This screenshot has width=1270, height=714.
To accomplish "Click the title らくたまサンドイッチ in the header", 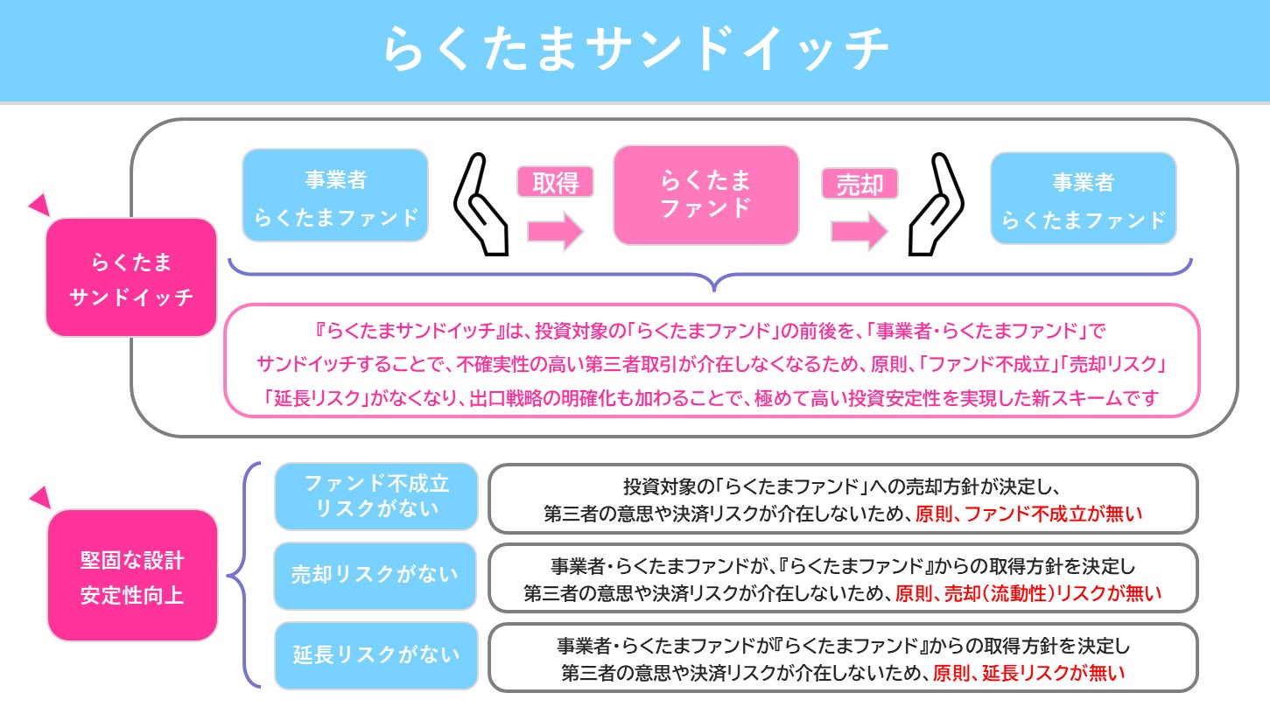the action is pos(635,51).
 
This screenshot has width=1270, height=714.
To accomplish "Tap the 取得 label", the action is pos(555,182).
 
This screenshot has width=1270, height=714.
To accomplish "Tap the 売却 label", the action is pos(860,183).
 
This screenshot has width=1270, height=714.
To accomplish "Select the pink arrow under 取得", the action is pos(555,231).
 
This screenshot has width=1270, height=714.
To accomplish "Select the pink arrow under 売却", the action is pos(860,231).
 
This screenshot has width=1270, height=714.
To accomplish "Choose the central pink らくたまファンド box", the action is pos(705,195).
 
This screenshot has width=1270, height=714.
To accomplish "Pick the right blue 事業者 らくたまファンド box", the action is pos(1083,199).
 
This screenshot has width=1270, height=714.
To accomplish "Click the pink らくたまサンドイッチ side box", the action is pos(131,277).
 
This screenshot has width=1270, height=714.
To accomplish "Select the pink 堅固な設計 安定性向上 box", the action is pos(131,576).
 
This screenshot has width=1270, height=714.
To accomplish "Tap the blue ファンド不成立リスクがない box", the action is pos(376,496).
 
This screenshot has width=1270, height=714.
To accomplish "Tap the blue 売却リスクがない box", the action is pos(376,575).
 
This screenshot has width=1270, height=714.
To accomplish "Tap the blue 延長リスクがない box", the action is pos(376,654).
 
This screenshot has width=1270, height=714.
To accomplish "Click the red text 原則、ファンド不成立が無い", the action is pos(1028,514).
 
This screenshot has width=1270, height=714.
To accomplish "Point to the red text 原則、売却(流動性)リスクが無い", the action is pos(1028,593).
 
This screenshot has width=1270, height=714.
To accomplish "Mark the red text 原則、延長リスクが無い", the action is pos(1028,673).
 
